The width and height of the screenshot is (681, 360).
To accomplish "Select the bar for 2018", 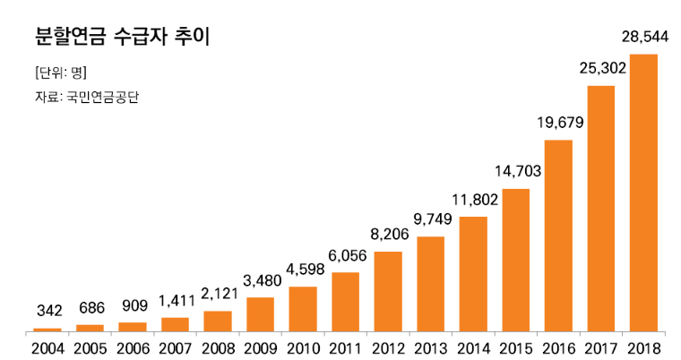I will pos(643,193).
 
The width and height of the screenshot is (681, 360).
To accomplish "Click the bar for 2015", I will pos(515,260).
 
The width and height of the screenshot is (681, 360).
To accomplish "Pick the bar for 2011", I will pos(345,301).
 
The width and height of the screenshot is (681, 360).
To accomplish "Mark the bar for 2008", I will pos(218,321).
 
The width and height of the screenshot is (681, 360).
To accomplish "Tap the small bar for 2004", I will pos(48,329).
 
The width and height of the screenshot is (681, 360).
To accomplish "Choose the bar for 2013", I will pos(430,283).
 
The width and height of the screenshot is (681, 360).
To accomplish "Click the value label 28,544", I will pos(643,38).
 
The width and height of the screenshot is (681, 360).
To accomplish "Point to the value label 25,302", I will pos(601,67).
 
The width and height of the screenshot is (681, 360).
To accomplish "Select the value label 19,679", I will pos(558,122).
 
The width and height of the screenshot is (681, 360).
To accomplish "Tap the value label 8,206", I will pos(388,234).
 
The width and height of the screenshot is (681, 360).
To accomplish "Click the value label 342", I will pos(48,312).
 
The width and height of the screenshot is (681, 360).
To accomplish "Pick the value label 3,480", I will pos(260,279).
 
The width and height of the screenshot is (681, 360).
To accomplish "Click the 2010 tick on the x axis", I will pos(303,347).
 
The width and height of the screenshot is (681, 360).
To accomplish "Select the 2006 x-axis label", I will pos(133,347).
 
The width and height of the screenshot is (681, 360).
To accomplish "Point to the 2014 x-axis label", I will pos(473,347).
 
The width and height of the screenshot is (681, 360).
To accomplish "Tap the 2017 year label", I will pos(601,347).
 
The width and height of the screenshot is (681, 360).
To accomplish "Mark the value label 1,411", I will pos(175,300).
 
